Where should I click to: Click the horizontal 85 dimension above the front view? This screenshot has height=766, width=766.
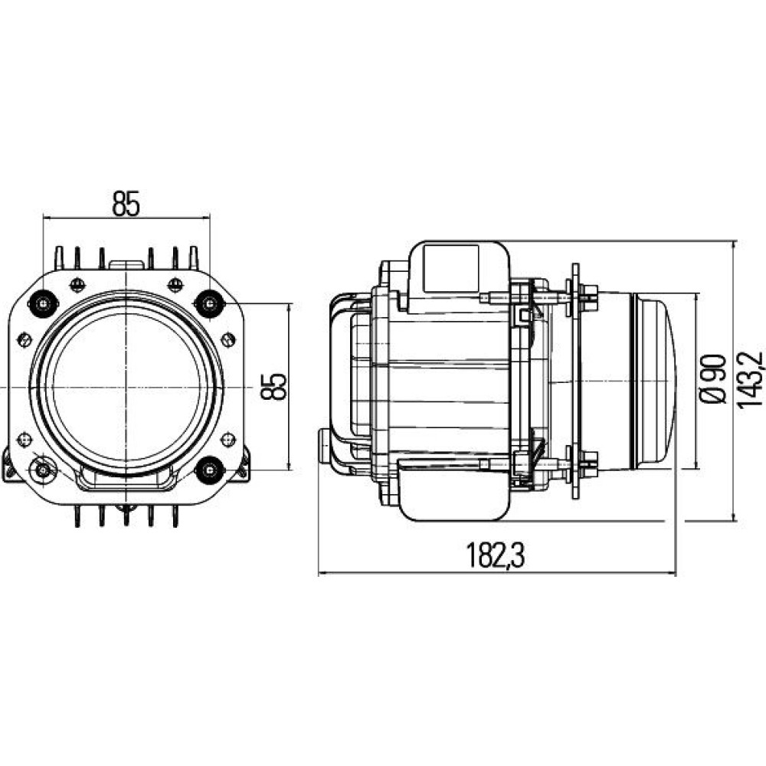point(126,203)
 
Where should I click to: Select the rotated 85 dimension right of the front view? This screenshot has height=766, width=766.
point(273,387)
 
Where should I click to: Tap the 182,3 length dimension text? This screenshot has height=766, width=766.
point(496,555)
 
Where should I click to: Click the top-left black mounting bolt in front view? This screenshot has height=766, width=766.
point(44,304)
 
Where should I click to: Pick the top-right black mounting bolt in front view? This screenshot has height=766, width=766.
point(210,304)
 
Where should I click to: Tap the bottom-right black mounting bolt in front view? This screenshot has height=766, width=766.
point(210,470)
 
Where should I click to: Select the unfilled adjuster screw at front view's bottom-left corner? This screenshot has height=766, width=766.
point(43,470)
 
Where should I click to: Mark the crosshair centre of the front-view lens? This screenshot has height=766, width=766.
point(126,388)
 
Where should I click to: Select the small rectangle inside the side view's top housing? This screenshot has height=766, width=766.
point(451,269)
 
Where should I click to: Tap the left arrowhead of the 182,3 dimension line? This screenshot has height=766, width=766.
point(323,573)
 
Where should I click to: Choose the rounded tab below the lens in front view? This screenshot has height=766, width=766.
point(126,478)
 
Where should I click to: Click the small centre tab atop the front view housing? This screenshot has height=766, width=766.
point(126,265)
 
